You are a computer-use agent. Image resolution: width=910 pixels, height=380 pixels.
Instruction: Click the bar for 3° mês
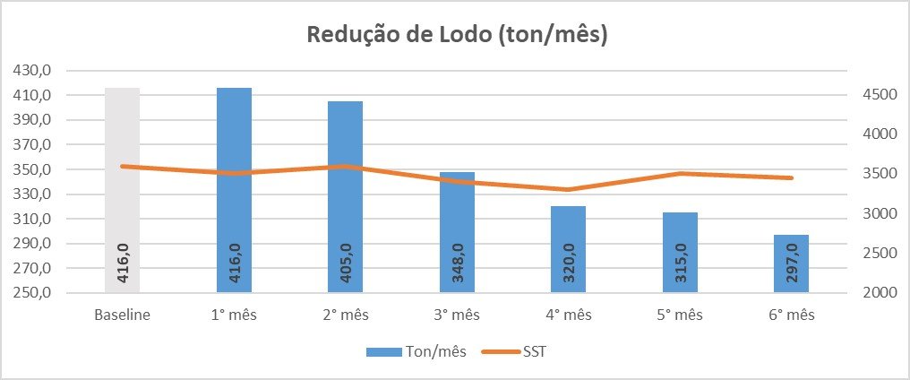tap(457, 242)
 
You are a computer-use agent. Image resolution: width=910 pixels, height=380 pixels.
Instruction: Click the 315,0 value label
tap(680, 264)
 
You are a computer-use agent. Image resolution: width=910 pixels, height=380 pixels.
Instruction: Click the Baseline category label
tap(122, 315)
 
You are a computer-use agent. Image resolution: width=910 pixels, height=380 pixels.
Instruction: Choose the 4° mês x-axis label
tap(569, 315)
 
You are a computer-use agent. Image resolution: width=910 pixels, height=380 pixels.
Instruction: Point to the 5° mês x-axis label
tap(680, 315)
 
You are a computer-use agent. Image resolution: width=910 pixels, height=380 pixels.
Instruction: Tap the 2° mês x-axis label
tap(345, 315)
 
